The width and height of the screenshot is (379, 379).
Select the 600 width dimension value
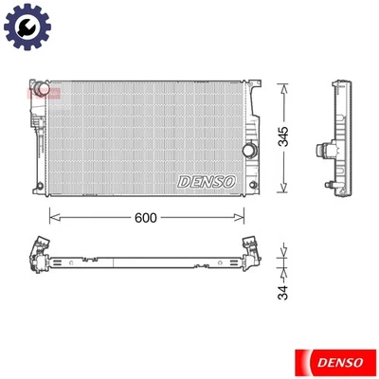click(144, 217)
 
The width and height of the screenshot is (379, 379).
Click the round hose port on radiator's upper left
click(39, 93)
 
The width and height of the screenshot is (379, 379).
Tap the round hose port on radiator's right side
click(248, 152)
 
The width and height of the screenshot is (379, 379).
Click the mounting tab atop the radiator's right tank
click(254, 81)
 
